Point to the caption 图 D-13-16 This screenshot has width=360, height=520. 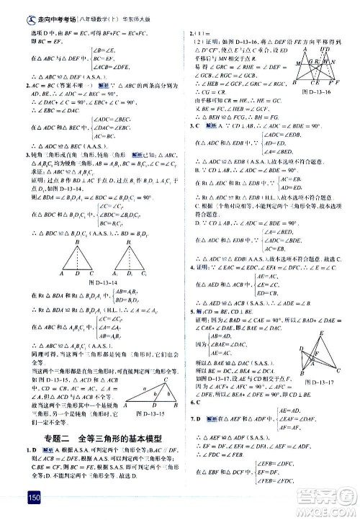point(317,112)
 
